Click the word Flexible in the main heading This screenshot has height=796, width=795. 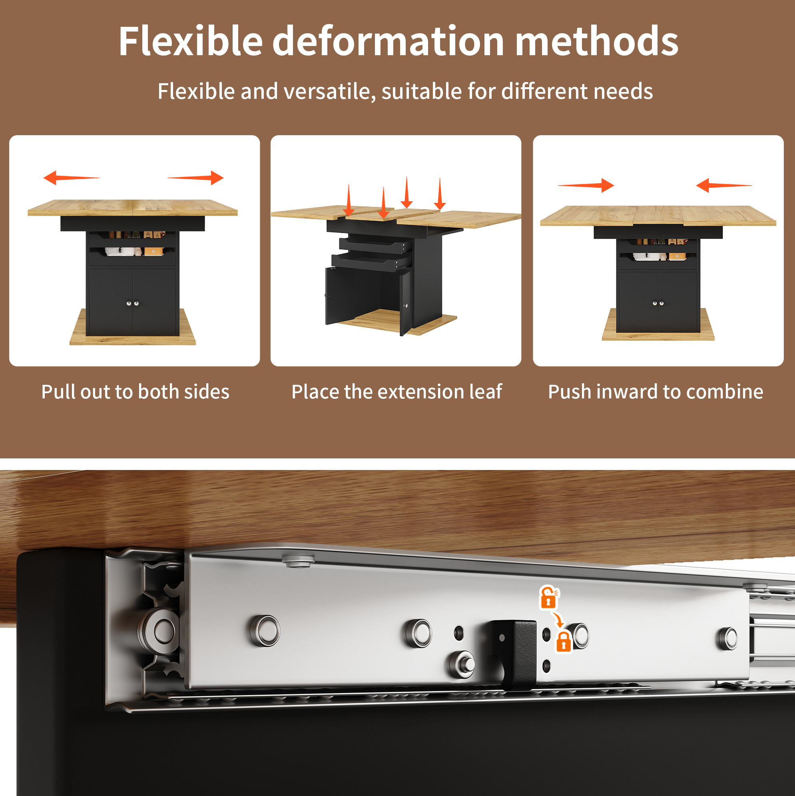[x=191, y=41]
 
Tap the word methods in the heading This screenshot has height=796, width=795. [x=597, y=41]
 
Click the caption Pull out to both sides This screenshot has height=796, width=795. [x=135, y=392]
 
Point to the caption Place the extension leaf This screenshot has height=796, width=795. [x=397, y=392]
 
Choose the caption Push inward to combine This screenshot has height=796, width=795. [x=656, y=392]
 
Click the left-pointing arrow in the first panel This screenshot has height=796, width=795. [x=71, y=178]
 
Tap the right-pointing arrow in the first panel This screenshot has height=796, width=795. [x=195, y=178]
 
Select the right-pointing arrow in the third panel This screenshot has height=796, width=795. [x=586, y=186]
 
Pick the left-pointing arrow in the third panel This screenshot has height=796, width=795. [x=724, y=186]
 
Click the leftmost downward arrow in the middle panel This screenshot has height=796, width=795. [x=349, y=200]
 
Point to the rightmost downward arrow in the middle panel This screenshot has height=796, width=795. [x=440, y=194]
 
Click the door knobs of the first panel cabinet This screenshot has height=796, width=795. [x=133, y=303]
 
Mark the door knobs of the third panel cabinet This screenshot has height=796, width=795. [x=658, y=303]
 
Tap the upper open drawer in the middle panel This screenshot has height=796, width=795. [x=375, y=245]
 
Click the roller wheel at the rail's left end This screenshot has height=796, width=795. [x=161, y=631]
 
